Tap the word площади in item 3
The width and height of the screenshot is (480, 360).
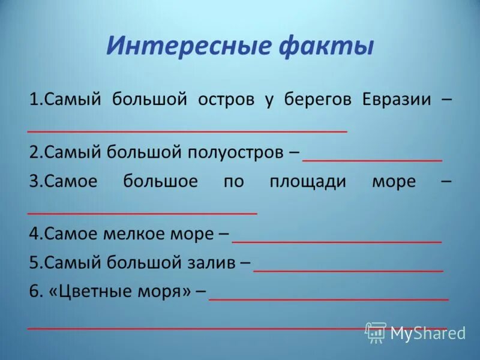coord(308,182)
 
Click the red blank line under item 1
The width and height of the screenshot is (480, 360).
coord(187,130)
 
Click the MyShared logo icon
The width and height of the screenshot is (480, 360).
coord(375,332)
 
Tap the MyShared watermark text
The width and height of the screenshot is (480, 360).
coord(427,333)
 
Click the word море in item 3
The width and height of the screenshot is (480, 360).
coord(394,182)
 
